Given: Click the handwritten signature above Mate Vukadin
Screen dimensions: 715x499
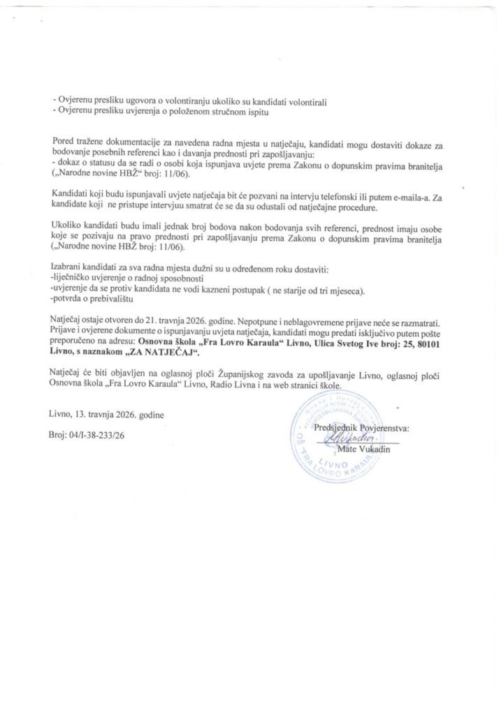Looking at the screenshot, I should point(356,439).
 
